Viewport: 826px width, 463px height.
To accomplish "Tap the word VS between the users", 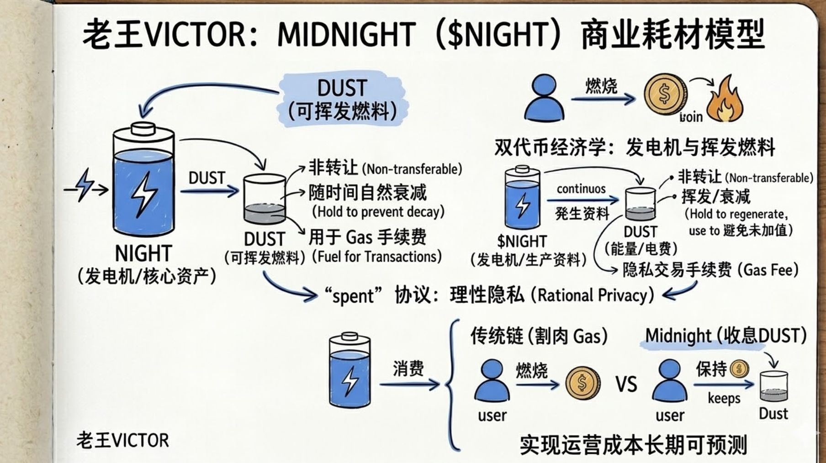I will click(x=626, y=384).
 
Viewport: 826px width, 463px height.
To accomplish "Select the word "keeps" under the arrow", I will click(x=724, y=398).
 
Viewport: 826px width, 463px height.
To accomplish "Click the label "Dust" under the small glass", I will click(x=773, y=414).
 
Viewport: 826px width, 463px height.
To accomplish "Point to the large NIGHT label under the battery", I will click(x=143, y=253).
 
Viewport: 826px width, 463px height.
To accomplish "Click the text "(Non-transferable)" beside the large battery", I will click(x=412, y=169).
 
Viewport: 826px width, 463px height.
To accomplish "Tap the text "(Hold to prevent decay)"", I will click(x=378, y=212).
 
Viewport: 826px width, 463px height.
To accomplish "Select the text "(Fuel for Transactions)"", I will click(x=377, y=257).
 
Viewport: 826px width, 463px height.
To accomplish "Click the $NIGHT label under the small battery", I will click(x=522, y=241).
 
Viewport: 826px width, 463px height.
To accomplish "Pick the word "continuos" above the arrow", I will click(x=581, y=189).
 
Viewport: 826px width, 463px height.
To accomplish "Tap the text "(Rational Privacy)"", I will click(x=593, y=295).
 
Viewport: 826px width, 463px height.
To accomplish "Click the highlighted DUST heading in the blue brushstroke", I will click(x=342, y=88).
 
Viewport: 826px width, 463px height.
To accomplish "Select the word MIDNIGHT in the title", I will click(x=346, y=35).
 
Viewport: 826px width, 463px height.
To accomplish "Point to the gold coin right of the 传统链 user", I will click(x=582, y=384).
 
